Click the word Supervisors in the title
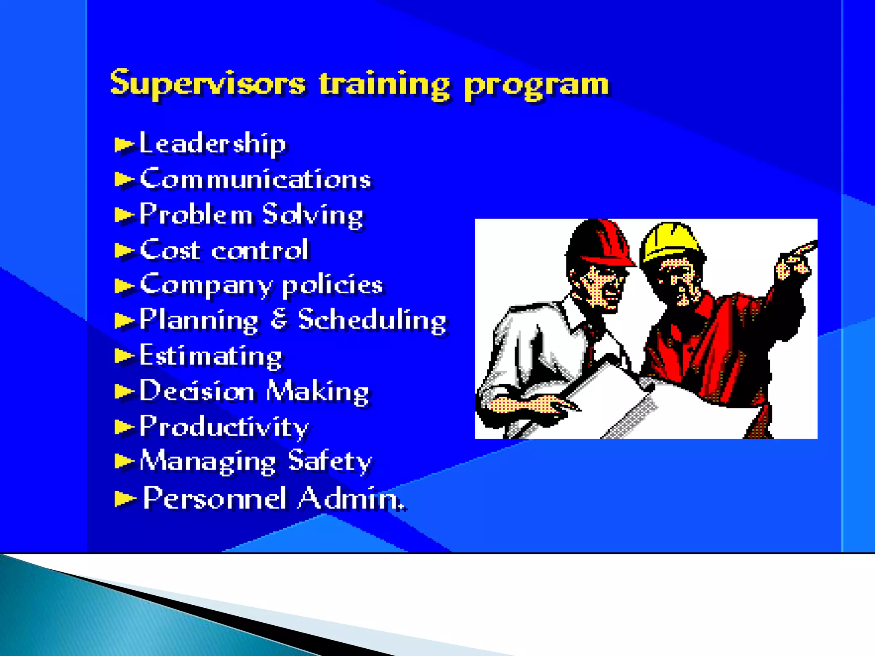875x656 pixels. click(x=208, y=83)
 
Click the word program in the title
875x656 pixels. click(x=537, y=85)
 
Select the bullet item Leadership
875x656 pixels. click(x=212, y=143)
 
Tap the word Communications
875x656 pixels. click(x=255, y=179)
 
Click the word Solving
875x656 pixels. click(x=313, y=215)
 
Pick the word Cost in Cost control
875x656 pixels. click(x=170, y=250)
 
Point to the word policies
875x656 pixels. click(x=332, y=285)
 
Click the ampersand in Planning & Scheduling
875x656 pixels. click(x=279, y=319)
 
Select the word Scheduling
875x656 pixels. click(x=372, y=320)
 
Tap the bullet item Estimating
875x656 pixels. click(x=210, y=356)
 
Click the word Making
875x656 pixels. click(x=317, y=392)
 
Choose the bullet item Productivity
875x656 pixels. click(x=224, y=427)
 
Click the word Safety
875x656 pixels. click(x=330, y=462)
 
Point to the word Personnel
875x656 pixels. click(x=214, y=498)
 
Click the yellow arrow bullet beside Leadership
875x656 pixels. click(x=124, y=145)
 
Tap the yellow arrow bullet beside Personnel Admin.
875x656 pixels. click(x=125, y=498)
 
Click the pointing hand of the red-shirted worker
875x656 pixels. click(x=795, y=261)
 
